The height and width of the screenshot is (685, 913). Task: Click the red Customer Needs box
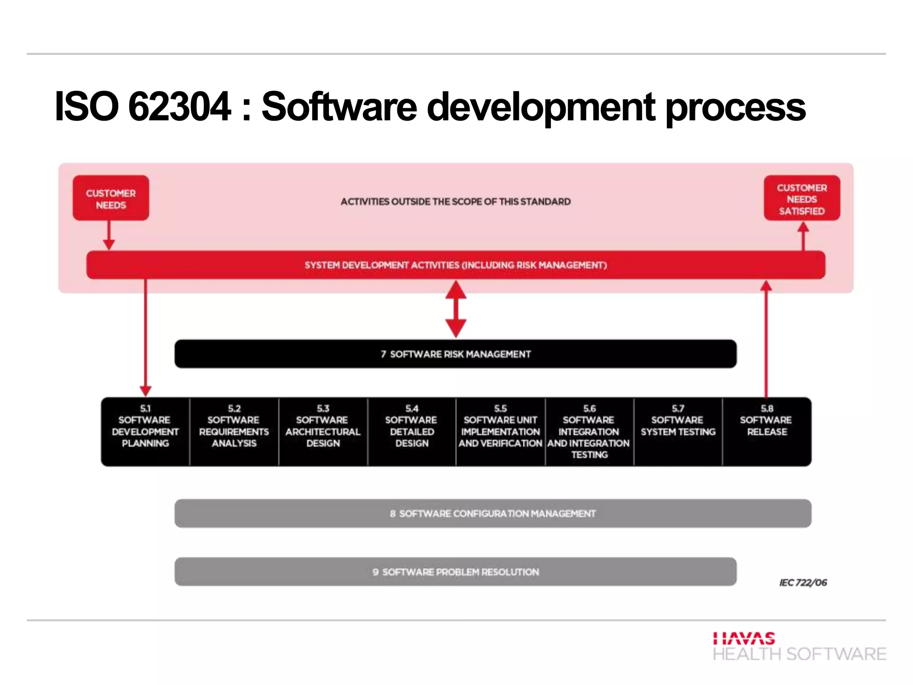pos(111,198)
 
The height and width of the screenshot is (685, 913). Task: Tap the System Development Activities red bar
pos(456,265)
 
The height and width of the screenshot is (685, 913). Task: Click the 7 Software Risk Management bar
pos(456,354)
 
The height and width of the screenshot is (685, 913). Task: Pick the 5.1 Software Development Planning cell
pos(145,431)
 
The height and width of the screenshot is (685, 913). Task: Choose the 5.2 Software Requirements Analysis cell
pos(234,431)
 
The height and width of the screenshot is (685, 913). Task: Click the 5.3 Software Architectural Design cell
pos(323,431)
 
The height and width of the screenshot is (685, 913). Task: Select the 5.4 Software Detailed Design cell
pos(411,431)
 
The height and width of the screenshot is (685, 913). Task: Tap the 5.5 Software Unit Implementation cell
pos(500,431)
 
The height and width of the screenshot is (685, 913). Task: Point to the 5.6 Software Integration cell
pos(589,431)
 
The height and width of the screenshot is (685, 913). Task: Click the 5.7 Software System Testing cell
pos(678,431)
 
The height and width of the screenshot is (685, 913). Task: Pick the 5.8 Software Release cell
pos(766,431)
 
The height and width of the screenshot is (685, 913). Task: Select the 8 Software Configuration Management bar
pos(493,513)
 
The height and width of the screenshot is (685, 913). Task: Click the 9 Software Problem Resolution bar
pos(456,572)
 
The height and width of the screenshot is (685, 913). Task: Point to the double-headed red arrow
pos(456,309)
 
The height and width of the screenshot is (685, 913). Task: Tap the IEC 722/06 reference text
pos(803,582)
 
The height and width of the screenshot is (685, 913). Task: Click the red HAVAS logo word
pos(744,638)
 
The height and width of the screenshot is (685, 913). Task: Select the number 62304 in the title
pos(179,107)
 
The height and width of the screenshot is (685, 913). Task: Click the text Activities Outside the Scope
pos(456,202)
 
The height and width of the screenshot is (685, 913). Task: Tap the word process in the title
pos(735,107)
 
